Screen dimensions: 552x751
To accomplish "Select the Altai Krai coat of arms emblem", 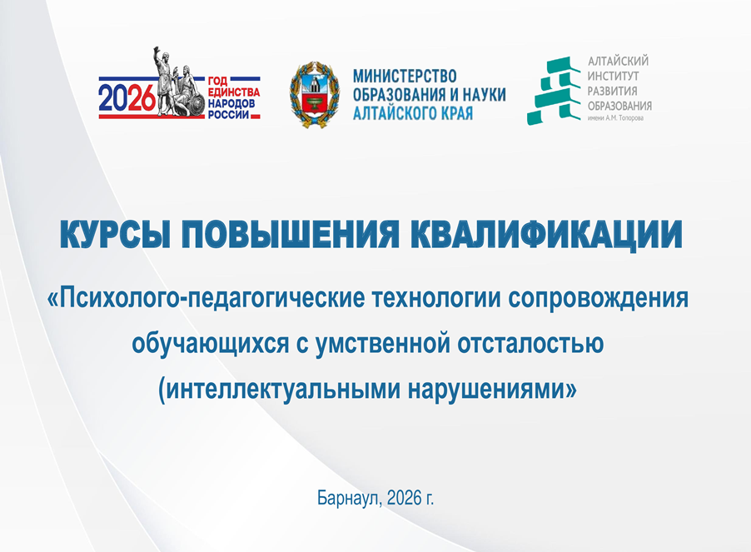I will (x=316, y=93).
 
